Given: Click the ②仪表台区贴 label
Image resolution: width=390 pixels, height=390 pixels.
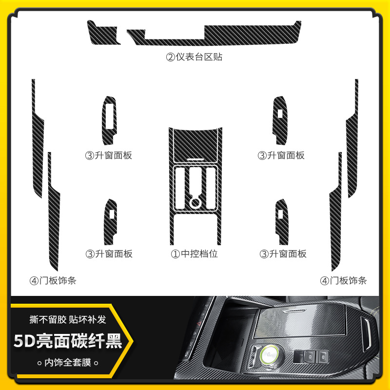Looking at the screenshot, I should click(x=194, y=57).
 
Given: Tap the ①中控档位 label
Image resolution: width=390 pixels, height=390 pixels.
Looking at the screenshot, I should click(x=194, y=253).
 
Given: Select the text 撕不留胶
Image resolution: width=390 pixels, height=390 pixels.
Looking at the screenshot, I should click(x=48, y=320).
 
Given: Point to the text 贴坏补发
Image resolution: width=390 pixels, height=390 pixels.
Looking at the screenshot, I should click(x=89, y=320).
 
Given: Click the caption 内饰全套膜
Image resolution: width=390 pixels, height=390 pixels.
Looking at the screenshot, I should click(x=68, y=363).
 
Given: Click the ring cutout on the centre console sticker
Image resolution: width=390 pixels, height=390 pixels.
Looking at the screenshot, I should click(x=195, y=201).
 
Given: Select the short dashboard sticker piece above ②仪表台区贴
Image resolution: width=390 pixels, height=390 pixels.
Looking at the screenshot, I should click(x=103, y=33).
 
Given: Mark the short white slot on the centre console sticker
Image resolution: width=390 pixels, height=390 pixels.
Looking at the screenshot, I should click(x=195, y=159).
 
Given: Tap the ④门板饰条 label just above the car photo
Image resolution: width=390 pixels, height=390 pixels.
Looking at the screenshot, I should click(x=343, y=280).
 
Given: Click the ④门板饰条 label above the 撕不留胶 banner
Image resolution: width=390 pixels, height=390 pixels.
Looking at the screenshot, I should click(x=53, y=280).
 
